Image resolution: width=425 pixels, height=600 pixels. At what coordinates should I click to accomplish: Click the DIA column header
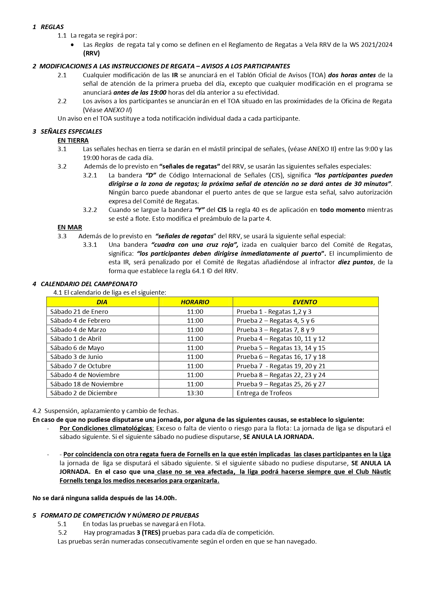(x=102, y=302)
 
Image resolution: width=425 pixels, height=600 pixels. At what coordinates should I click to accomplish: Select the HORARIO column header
(x=195, y=302)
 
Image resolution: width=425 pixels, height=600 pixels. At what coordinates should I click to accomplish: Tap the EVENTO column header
(x=305, y=302)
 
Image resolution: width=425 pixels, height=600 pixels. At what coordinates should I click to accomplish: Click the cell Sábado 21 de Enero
(x=79, y=311)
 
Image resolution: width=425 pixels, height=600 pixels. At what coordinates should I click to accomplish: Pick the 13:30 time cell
(x=195, y=393)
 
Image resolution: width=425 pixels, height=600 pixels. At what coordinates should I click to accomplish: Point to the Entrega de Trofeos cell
(x=264, y=393)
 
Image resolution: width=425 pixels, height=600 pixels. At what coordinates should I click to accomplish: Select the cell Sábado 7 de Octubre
(x=80, y=366)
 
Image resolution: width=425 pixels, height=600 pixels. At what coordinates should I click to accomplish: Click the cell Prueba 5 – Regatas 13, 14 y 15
(x=281, y=348)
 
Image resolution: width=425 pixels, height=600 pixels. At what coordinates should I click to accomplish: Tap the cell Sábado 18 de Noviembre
(x=87, y=384)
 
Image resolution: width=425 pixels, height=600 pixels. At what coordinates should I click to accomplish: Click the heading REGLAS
(x=52, y=27)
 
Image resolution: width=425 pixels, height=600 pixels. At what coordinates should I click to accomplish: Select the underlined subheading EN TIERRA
(x=73, y=140)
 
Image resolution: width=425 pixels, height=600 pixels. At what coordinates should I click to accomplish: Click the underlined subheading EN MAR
(x=70, y=227)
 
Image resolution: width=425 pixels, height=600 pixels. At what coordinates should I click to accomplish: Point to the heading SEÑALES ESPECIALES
(x=71, y=131)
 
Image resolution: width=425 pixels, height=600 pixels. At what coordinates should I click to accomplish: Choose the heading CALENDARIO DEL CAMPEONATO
(x=89, y=284)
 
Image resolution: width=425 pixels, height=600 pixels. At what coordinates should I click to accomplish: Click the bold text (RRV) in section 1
(x=91, y=53)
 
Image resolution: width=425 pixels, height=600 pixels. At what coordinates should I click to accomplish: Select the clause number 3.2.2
(x=90, y=210)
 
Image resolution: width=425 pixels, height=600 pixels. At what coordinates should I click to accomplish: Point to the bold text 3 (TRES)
(x=148, y=532)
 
